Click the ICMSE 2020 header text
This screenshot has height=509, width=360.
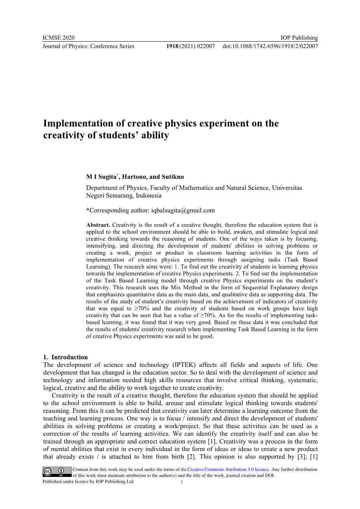click(58, 38)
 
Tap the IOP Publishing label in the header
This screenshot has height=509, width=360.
click(299, 38)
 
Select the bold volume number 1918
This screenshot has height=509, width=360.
click(172, 46)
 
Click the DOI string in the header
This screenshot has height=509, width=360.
click(270, 46)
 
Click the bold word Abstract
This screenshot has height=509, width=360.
click(98, 225)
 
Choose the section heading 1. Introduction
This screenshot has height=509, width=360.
click(65, 357)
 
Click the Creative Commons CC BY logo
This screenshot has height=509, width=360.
click(57, 472)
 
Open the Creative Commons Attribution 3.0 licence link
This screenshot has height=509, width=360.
click(228, 469)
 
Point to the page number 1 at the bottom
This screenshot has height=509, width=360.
click(182, 483)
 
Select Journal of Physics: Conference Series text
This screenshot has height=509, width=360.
click(88, 46)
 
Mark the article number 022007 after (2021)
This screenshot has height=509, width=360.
click(206, 46)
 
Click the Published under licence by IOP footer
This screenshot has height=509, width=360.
click(88, 481)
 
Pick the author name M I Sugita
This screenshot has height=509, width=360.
click(101, 177)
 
